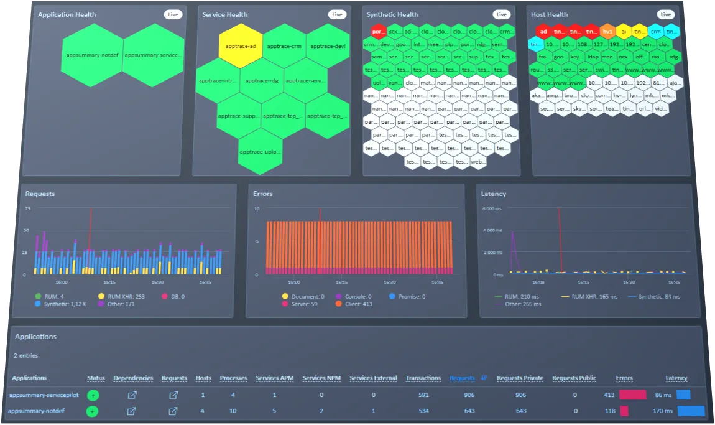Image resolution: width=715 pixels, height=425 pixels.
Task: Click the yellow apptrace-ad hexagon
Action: click(x=240, y=46)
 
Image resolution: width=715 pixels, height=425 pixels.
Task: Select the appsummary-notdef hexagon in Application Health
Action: click(x=92, y=55)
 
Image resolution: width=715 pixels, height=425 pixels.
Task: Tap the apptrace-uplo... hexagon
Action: click(x=261, y=151)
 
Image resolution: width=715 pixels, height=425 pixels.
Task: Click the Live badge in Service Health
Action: click(x=337, y=14)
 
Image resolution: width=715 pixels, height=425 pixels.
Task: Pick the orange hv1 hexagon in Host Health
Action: click(x=607, y=31)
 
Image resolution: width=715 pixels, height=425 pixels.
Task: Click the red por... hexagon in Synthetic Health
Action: click(x=378, y=31)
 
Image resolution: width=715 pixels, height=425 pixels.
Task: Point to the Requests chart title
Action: click(x=40, y=194)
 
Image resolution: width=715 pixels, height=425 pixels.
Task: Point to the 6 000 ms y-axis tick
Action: click(x=492, y=208)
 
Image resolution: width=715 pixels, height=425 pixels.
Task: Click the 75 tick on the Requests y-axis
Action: click(x=27, y=208)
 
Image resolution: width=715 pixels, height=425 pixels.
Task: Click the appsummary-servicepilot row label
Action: click(x=44, y=395)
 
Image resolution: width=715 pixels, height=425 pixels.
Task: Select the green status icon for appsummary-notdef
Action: click(x=93, y=411)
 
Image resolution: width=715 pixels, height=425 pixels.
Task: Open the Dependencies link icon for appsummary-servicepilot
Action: click(x=132, y=395)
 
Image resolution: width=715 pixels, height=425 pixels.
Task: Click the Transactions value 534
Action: click(x=423, y=411)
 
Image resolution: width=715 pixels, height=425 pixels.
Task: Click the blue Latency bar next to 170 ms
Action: click(x=690, y=411)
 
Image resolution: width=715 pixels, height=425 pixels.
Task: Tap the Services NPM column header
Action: click(x=321, y=378)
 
